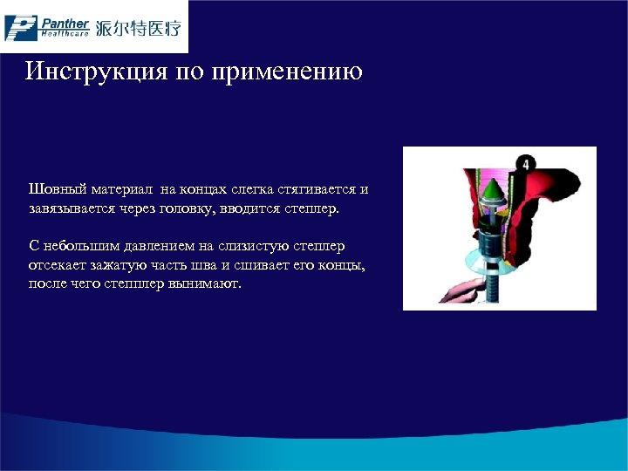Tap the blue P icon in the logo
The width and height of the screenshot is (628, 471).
point(20,27)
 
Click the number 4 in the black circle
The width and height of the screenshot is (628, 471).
point(526,164)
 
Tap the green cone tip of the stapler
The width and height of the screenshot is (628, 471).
point(491,190)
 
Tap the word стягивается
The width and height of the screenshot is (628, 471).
point(317,189)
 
